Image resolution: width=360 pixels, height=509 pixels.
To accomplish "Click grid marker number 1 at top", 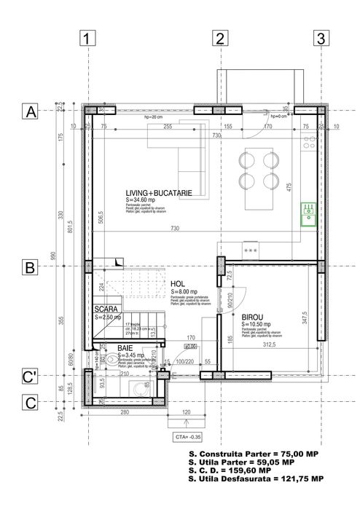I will coord(87,39).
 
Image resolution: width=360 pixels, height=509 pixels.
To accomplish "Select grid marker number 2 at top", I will coord(219,39).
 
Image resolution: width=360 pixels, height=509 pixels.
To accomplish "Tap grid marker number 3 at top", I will coord(321,39).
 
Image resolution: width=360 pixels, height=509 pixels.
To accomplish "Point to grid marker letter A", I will coord(30,112).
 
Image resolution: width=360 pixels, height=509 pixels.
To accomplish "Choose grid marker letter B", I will coord(30,267).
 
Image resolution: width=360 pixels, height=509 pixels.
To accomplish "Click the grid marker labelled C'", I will coord(30,377).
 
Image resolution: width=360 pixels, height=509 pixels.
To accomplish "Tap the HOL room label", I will coord(178,285).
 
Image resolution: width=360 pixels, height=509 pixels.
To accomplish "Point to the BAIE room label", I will coord(125,350).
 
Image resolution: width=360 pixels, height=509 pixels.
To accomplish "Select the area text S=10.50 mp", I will coord(257,325).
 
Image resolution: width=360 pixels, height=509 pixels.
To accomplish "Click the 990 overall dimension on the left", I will coord(53,256).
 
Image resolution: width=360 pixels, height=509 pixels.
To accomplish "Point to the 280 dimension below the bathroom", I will coord(125,413).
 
